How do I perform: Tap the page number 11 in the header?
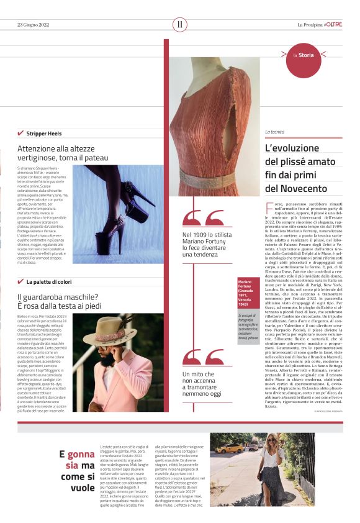click(180, 25)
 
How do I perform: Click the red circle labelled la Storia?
click(305, 56)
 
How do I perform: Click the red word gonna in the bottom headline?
click(81, 454)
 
